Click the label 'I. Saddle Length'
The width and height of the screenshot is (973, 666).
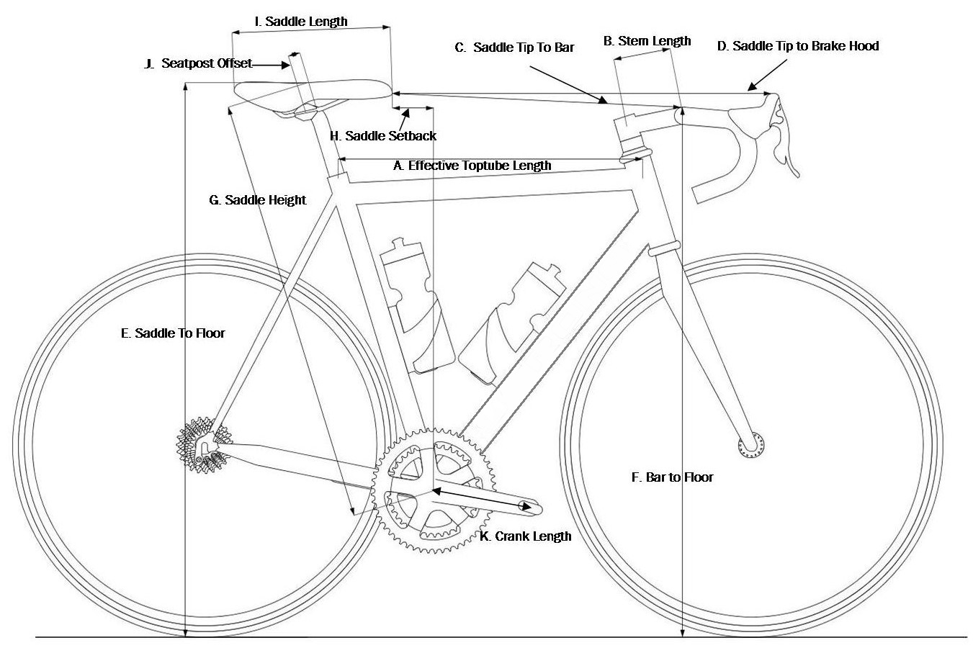(301, 22)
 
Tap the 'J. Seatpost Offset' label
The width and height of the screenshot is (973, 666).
(198, 63)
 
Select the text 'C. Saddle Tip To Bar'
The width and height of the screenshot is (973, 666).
(514, 48)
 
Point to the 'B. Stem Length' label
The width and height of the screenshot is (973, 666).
(647, 41)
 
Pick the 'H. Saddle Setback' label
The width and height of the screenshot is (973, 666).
(383, 135)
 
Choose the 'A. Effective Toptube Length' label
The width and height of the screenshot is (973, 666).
(472, 166)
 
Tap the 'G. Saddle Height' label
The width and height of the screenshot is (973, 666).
(257, 199)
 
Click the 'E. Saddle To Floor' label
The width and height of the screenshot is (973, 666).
(172, 333)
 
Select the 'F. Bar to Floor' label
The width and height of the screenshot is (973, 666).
(672, 477)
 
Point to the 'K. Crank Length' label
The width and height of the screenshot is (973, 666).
(526, 536)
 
